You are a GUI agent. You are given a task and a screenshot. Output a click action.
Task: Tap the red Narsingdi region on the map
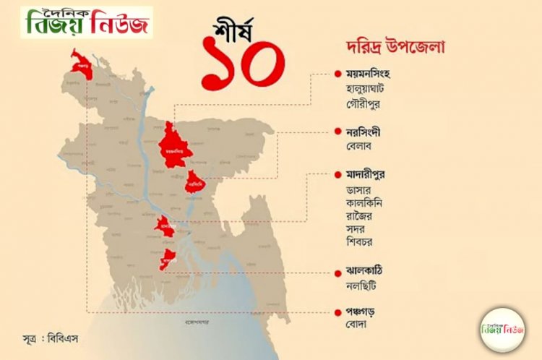pyautogui.click(x=195, y=182)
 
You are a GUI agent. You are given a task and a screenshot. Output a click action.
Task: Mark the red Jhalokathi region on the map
pyautogui.click(x=168, y=258)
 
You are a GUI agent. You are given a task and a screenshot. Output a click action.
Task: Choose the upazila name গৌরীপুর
pyautogui.click(x=364, y=103)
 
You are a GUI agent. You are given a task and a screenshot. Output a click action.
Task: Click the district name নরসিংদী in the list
pyautogui.click(x=364, y=133)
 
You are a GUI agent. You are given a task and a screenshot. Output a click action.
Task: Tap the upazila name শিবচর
pyautogui.click(x=361, y=241)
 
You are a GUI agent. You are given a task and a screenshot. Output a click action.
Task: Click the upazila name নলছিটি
pyautogui.click(x=362, y=285)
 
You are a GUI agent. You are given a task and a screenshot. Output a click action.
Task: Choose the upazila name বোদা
pyautogui.click(x=357, y=325)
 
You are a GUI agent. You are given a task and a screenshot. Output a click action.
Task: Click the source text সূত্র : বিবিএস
pyautogui.click(x=54, y=338)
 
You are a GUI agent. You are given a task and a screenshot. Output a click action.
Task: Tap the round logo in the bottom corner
pyautogui.click(x=502, y=329)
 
